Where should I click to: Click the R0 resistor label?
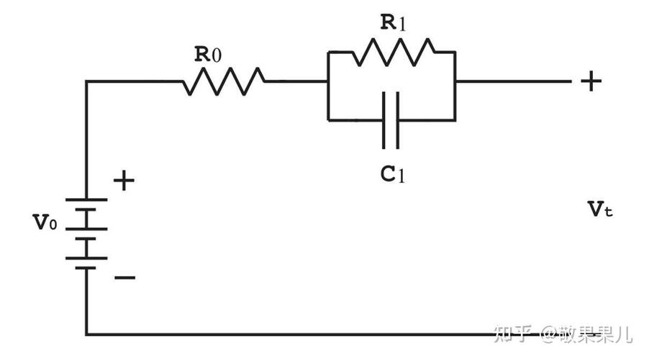click(208, 54)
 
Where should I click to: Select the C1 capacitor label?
click(392, 174)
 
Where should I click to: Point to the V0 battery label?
click(45, 222)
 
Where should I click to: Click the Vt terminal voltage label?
click(600, 210)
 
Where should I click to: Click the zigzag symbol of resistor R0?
click(224, 81)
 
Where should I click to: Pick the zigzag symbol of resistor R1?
click(393, 52)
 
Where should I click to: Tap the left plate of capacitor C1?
click(384, 120)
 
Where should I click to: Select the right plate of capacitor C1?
click(398, 120)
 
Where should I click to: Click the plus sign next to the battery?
click(124, 181)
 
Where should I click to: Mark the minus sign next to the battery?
click(124, 277)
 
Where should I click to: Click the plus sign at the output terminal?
click(591, 81)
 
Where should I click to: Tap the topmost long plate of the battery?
click(86, 199)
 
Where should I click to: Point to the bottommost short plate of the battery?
click(86, 268)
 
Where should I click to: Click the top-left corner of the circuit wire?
click(86, 81)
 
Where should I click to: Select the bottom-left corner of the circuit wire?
click(86, 333)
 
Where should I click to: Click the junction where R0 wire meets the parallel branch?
click(328, 81)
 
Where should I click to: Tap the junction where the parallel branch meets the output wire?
click(455, 81)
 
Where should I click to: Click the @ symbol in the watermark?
click(549, 333)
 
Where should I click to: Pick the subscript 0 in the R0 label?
click(216, 55)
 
